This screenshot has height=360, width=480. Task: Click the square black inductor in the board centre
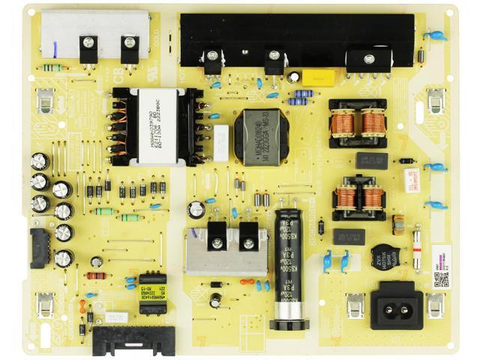(261, 136)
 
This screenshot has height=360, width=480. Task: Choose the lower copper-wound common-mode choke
(358, 197)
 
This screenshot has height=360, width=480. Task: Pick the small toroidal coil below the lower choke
(398, 223)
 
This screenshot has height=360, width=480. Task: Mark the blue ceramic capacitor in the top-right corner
(434, 34)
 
